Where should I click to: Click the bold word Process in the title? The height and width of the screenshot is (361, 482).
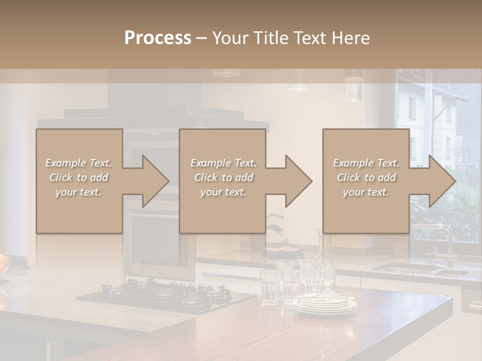point(158,38)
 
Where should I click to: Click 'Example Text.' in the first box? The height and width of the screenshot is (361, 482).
point(79,163)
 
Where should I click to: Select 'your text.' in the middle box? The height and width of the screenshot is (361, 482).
point(223,192)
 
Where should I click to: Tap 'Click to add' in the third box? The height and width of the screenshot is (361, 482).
point(366,177)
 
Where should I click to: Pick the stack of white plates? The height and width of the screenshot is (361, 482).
point(324,304)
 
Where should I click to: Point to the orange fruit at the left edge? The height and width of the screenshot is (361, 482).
point(4,263)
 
